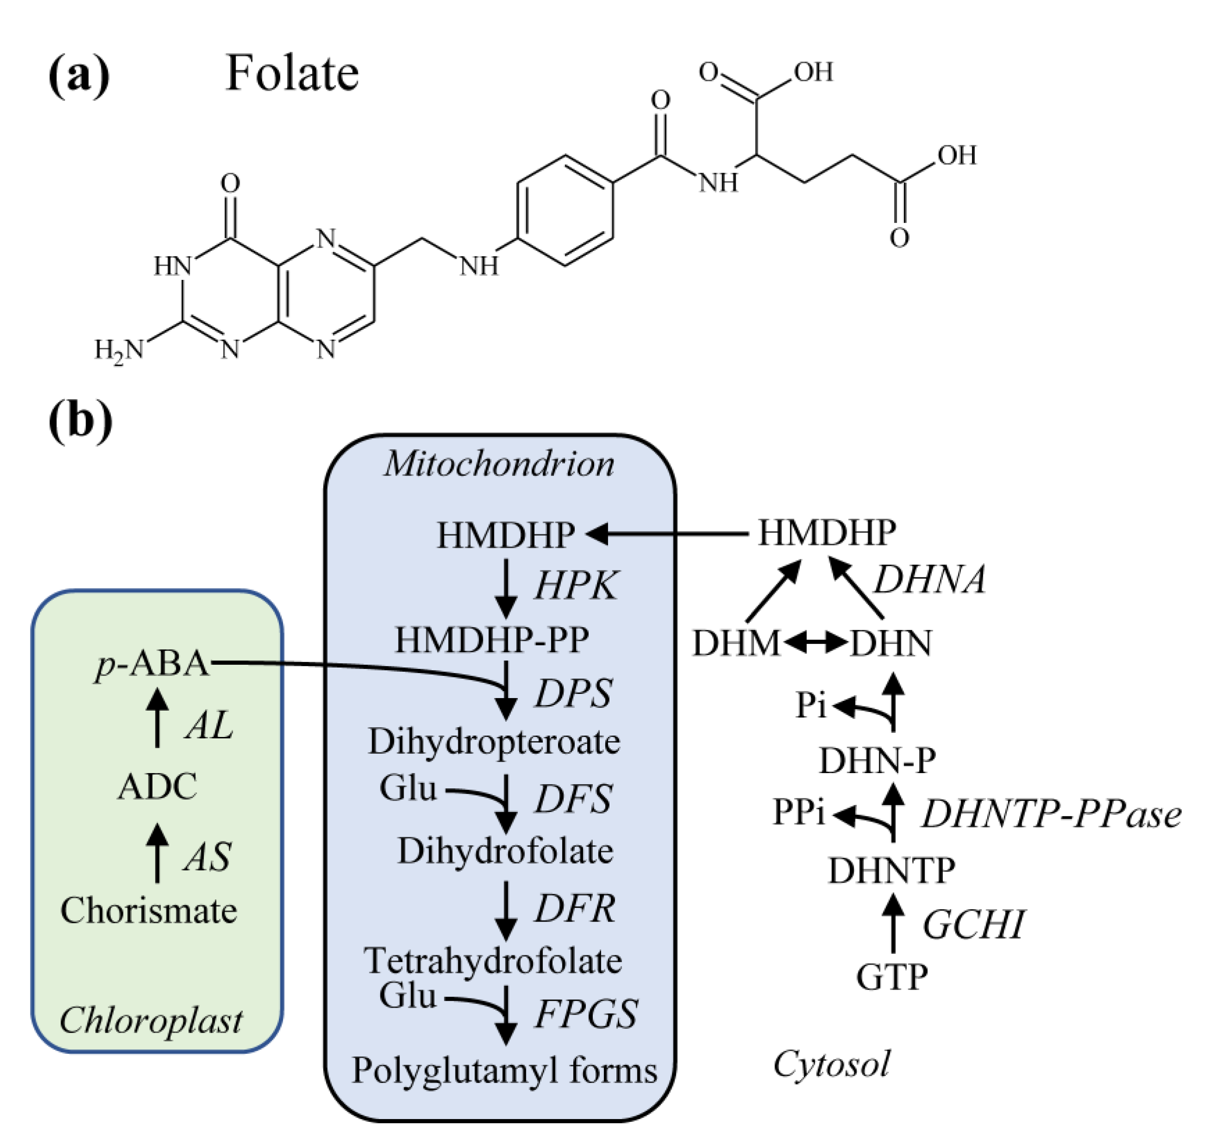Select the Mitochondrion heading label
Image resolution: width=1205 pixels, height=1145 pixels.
499,464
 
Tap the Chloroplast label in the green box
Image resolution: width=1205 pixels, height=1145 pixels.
151,1021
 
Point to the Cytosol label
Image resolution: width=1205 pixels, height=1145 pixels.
831,1065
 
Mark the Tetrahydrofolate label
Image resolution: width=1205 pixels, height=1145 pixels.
493,961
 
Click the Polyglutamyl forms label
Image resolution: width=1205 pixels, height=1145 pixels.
504,1070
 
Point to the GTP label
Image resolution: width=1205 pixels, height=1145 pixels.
892,977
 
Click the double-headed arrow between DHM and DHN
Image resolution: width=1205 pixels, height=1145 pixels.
815,643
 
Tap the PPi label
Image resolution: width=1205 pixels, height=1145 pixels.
799,812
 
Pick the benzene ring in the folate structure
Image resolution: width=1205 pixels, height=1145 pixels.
565,210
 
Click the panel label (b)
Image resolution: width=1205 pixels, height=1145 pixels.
80,421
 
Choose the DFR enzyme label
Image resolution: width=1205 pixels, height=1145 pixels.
575,909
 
